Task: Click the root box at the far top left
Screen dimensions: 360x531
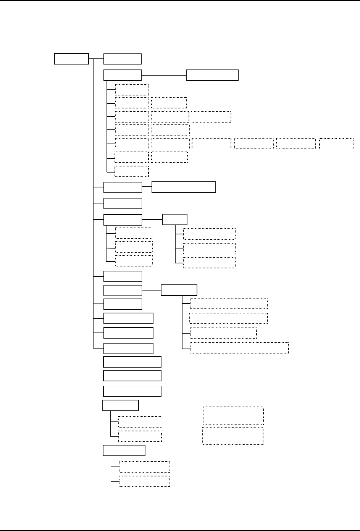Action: point(72,59)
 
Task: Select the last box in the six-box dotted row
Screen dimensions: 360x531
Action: point(336,144)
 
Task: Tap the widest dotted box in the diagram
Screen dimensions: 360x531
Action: point(239,348)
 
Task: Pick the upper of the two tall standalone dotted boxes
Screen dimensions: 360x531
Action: point(233,416)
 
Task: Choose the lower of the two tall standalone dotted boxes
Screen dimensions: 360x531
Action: point(233,436)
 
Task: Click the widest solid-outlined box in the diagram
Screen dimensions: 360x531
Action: point(184,187)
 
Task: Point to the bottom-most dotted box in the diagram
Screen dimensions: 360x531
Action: point(144,481)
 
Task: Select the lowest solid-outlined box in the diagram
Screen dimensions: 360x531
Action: point(124,450)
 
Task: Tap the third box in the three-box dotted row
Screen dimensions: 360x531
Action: point(211,117)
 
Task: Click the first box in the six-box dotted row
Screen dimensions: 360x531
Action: point(132,144)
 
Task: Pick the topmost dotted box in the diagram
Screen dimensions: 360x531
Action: point(132,89)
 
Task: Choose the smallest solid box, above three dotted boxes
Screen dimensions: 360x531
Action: point(175,220)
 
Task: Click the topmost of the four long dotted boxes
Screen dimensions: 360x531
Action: point(229,303)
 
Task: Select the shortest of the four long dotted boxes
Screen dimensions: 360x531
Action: point(223,333)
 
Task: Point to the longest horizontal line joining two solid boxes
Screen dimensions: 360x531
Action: point(164,75)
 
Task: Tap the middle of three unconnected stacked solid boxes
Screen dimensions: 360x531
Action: point(132,375)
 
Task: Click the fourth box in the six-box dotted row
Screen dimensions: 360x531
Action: point(254,144)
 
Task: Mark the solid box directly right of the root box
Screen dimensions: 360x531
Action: point(123,59)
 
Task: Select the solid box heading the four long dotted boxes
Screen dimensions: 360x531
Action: point(179,290)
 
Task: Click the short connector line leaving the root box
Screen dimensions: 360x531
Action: point(91,59)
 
